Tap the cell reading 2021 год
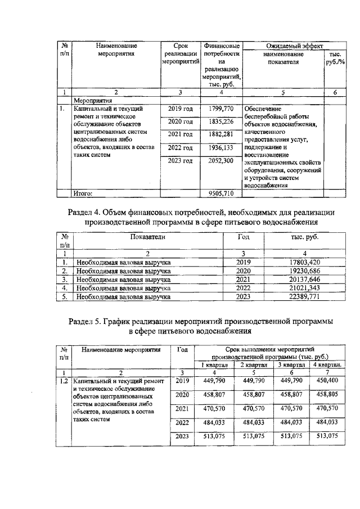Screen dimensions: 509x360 point(180,134)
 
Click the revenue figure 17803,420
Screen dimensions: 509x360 point(301,262)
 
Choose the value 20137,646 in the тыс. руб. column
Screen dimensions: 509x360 point(301,278)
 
